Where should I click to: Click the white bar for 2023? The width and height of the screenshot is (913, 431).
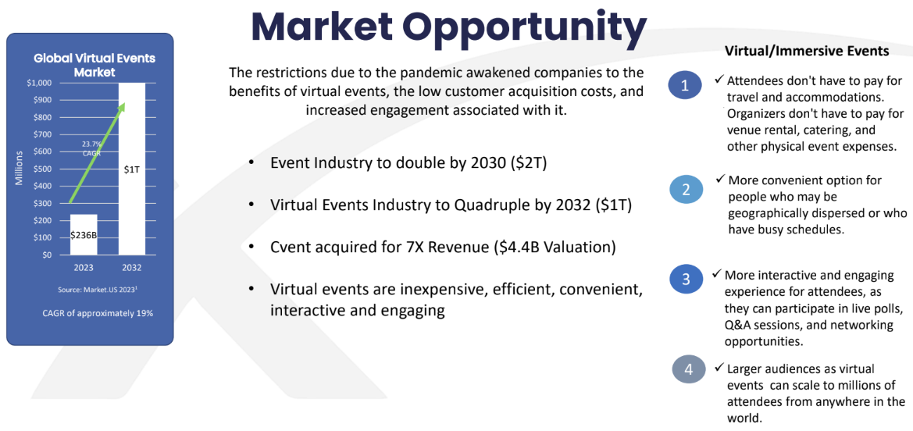coord(84,235)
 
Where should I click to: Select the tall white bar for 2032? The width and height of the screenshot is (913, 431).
coord(132,169)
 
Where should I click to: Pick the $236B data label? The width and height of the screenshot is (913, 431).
coord(84,235)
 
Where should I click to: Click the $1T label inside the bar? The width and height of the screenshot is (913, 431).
coord(132,169)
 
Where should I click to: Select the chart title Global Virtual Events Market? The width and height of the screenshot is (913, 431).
coord(95,66)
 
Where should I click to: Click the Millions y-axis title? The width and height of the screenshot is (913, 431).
coord(20,169)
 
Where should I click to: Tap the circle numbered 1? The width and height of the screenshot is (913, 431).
coord(685,86)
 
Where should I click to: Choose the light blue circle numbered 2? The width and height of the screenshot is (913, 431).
coord(685,190)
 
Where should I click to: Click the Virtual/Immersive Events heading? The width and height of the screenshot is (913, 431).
coord(807,52)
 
